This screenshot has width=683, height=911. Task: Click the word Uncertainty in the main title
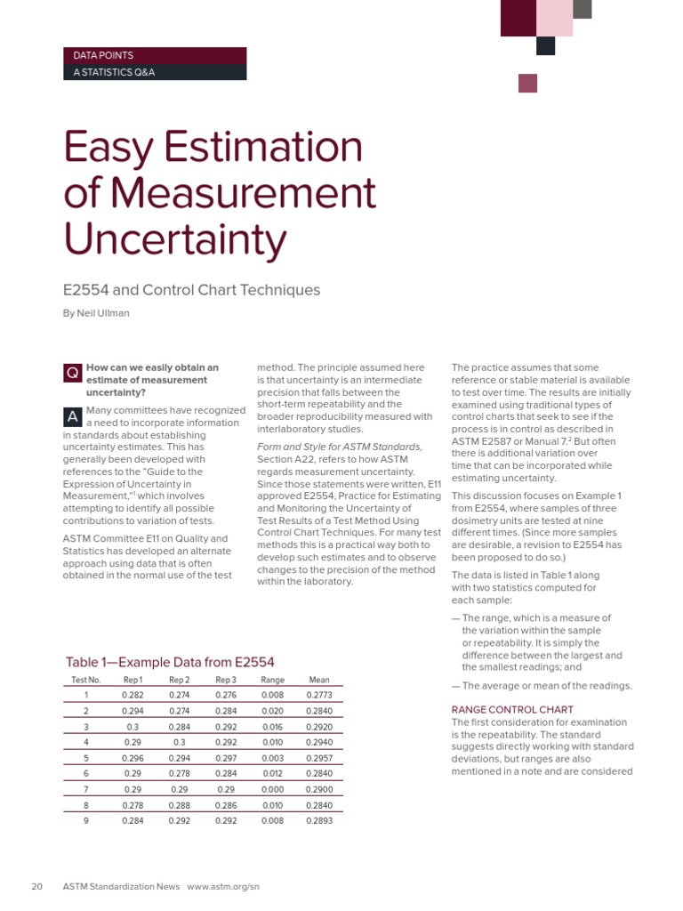pyautogui.click(x=176, y=238)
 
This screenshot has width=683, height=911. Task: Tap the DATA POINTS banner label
pyautogui.click(x=103, y=55)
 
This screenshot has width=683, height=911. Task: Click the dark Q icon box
pyautogui.click(x=72, y=374)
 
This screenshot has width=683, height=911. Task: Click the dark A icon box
pyautogui.click(x=72, y=417)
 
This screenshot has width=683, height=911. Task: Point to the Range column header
pyautogui.click(x=272, y=680)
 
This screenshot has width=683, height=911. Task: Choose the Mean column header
pyautogui.click(x=318, y=680)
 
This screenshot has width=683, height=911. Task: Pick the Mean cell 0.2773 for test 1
pyautogui.click(x=318, y=695)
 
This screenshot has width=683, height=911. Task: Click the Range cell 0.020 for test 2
pyautogui.click(x=272, y=711)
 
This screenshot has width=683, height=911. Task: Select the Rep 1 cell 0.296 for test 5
pyautogui.click(x=133, y=758)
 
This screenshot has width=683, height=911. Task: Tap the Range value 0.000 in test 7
pyautogui.click(x=272, y=789)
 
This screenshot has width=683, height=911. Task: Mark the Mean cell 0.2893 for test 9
pyautogui.click(x=318, y=820)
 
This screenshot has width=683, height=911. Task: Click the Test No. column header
pyautogui.click(x=86, y=680)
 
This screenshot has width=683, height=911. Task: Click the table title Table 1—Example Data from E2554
pyautogui.click(x=170, y=662)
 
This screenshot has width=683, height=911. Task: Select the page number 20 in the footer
pyautogui.click(x=37, y=886)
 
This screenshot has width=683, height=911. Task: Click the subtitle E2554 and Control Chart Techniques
pyautogui.click(x=191, y=290)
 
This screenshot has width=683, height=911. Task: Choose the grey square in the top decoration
pyautogui.click(x=583, y=9)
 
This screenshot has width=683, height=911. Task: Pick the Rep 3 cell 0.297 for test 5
pyautogui.click(x=226, y=758)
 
